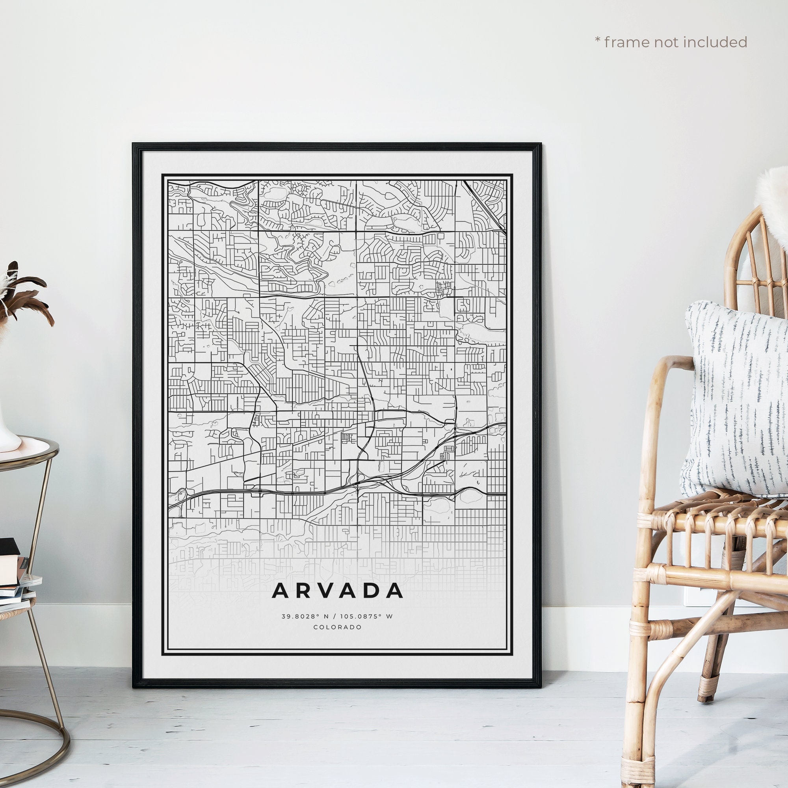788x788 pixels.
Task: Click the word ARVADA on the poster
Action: coord(337,591)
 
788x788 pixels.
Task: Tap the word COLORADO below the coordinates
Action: coord(337,627)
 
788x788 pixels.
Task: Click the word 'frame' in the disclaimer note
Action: coord(628,42)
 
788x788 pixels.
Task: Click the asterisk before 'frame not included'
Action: coord(598,40)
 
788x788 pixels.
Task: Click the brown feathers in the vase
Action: coord(24,294)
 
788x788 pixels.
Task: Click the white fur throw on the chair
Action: coord(771,204)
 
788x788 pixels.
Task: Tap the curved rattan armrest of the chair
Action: coord(669,367)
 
